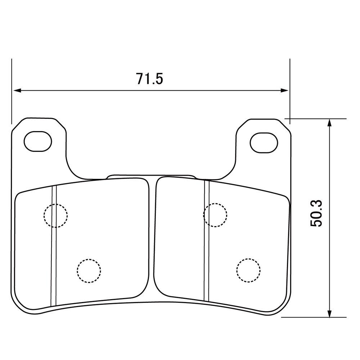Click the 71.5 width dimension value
pyautogui.click(x=149, y=78)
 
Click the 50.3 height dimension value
pyautogui.click(x=316, y=213)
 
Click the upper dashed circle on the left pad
pyautogui.click(x=55, y=216)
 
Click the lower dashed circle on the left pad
pyautogui.click(x=89, y=270)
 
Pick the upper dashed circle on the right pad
pyautogui.click(x=215, y=215)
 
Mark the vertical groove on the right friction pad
pyautogui.click(x=207, y=245)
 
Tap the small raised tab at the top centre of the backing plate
pyautogui.click(x=151, y=176)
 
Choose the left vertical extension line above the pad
pyautogui.click(x=12, y=90)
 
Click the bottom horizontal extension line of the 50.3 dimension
pyautogui.click(x=313, y=318)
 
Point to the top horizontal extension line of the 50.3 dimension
pyautogui.click(x=317, y=118)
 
